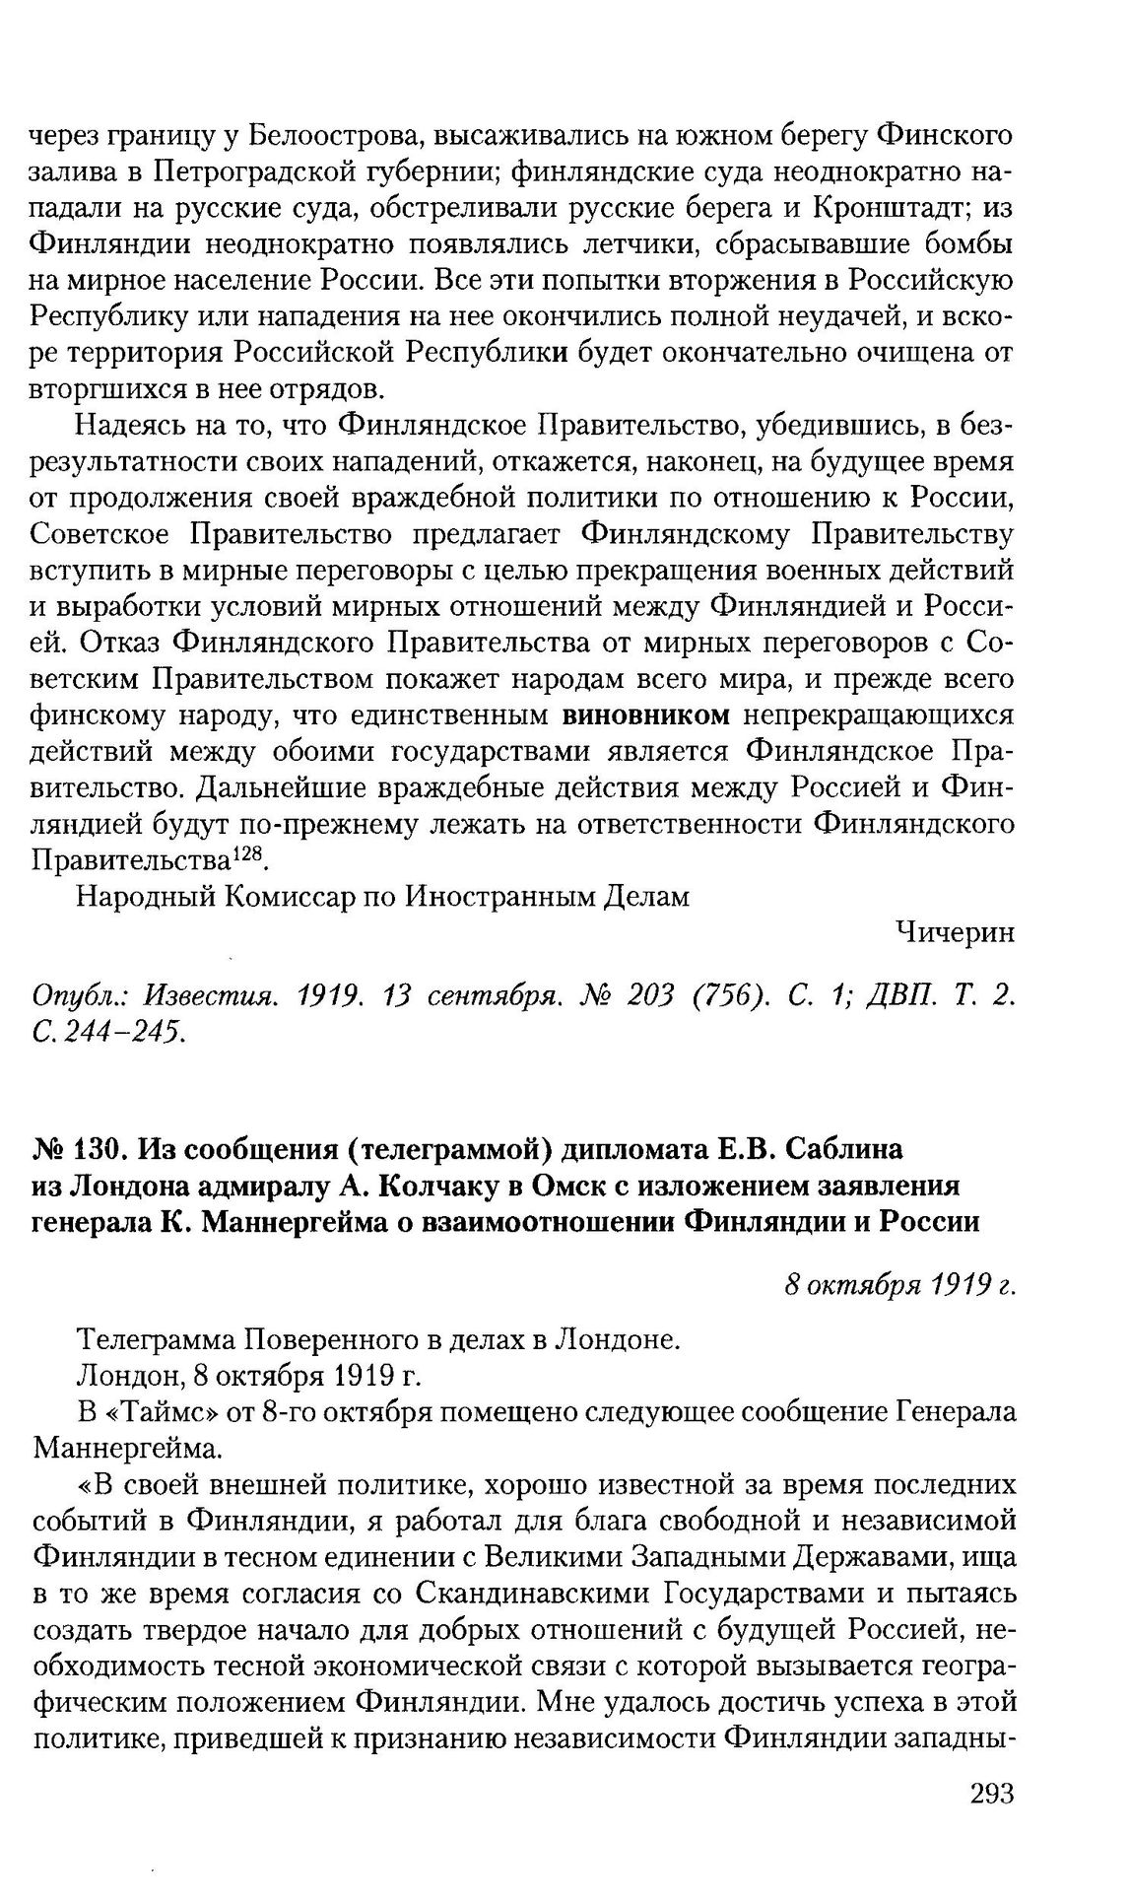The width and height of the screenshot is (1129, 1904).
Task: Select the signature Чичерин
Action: (x=955, y=931)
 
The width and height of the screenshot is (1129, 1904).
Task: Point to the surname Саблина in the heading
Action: (x=836, y=1148)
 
